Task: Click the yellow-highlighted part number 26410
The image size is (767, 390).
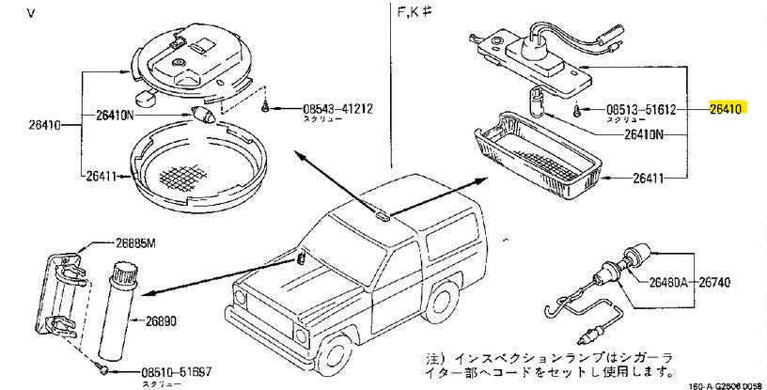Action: point(727,109)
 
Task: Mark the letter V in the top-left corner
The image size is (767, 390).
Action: point(7,12)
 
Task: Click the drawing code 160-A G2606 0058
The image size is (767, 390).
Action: point(727,384)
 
